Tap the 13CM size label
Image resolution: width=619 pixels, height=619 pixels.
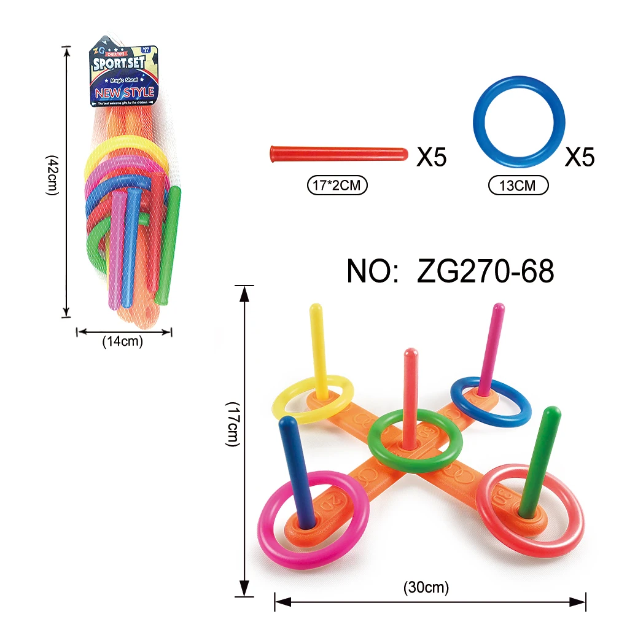[x=518, y=185]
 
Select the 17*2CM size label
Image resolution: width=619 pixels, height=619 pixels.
[x=337, y=185]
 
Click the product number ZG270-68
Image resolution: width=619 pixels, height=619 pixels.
[x=451, y=270]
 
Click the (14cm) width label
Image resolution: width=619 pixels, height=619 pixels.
[x=122, y=342]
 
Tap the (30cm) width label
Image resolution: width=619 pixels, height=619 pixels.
[x=426, y=588]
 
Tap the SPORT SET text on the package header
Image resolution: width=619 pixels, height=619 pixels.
[x=123, y=64]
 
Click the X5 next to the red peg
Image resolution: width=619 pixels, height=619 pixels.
[x=432, y=158]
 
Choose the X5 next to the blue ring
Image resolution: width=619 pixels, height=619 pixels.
[x=580, y=158]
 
